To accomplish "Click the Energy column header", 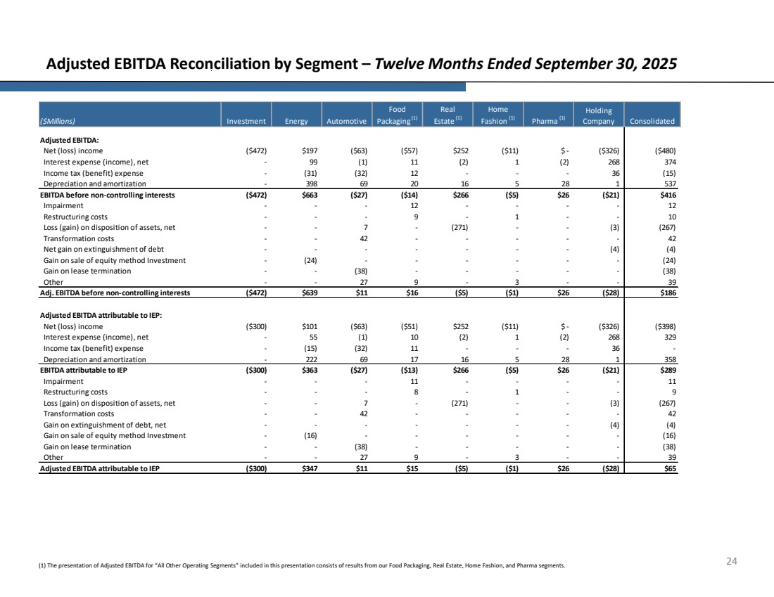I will (x=296, y=121).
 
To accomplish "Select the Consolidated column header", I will (x=651, y=121).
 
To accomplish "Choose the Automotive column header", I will (x=345, y=121).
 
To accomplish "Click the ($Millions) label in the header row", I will (x=59, y=121).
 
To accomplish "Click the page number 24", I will (x=731, y=561).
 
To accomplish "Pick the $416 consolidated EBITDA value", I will (x=665, y=195).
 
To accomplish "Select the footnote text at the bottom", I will (x=302, y=565).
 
